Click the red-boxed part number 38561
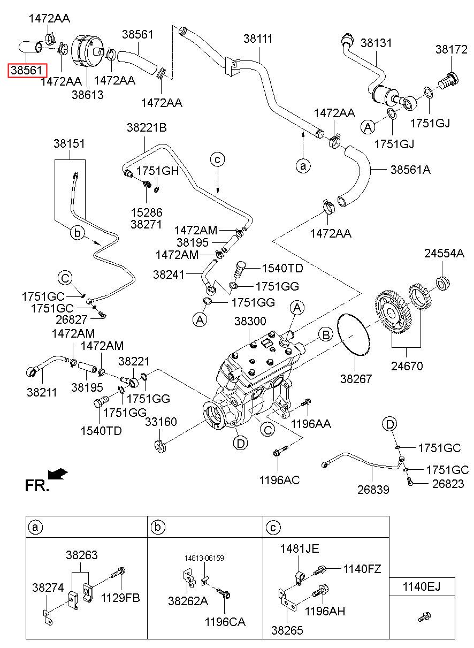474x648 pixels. [27, 71]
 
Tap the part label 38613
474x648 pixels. [88, 95]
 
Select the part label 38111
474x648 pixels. [258, 39]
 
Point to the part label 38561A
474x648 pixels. [410, 170]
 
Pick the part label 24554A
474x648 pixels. [444, 254]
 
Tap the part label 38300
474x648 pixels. [250, 321]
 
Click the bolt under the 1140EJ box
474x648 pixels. [424, 616]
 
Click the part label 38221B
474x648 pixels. [147, 127]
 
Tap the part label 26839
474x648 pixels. [373, 490]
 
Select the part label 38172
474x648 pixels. [452, 49]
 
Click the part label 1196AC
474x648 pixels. [279, 480]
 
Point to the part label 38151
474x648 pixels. [69, 144]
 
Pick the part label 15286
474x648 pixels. [147, 212]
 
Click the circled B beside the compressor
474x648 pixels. [326, 335]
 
